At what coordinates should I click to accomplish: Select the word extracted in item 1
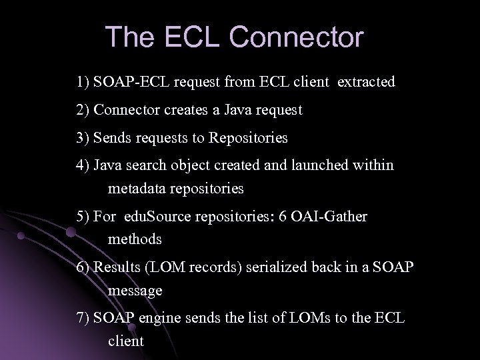[x=366, y=83]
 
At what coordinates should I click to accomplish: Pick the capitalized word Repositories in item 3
[x=248, y=138]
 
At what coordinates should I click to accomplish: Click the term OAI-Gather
[x=330, y=217]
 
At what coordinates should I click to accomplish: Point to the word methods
[x=135, y=238]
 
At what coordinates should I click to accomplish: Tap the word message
[x=135, y=291]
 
